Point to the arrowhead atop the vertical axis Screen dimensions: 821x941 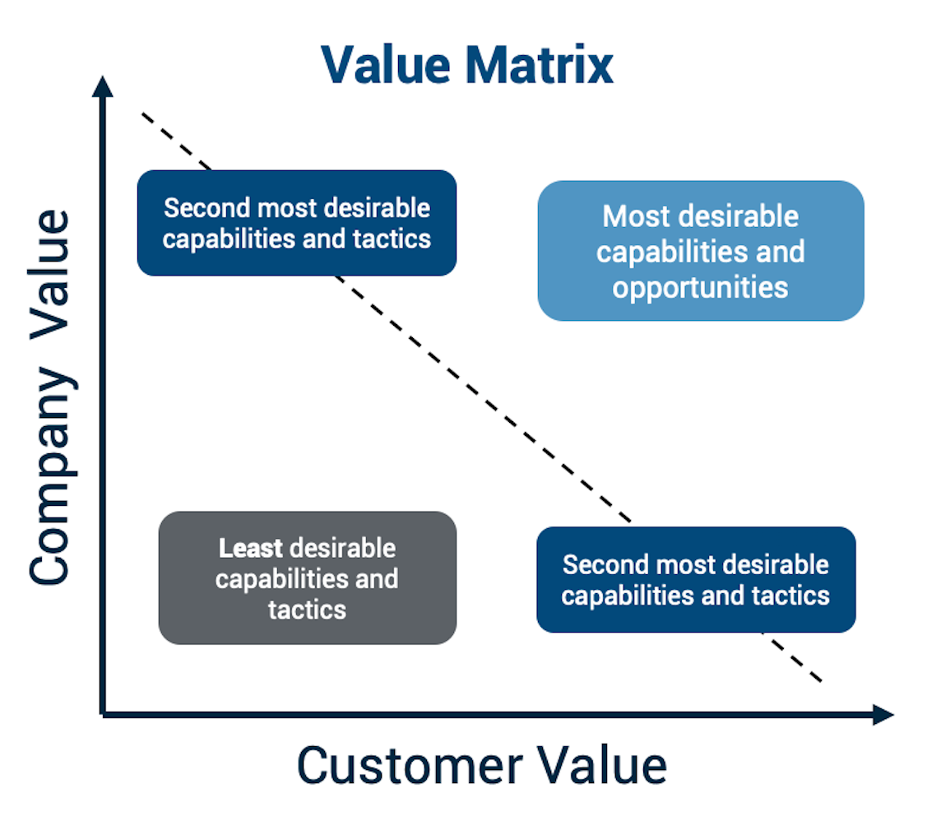point(102,85)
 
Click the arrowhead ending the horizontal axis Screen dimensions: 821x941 point(883,715)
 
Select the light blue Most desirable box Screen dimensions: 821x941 point(700,251)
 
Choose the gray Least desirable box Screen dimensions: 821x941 point(307,578)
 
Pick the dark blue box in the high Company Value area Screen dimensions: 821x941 point(296,223)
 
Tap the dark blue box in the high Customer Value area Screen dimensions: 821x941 point(696,580)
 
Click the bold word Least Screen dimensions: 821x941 point(250,548)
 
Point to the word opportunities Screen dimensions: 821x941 point(700,287)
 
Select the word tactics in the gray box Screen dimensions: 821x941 point(307,610)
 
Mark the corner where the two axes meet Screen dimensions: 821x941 point(103,714)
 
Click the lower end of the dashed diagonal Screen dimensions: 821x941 point(819,680)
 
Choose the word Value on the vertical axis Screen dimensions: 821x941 point(51,271)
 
